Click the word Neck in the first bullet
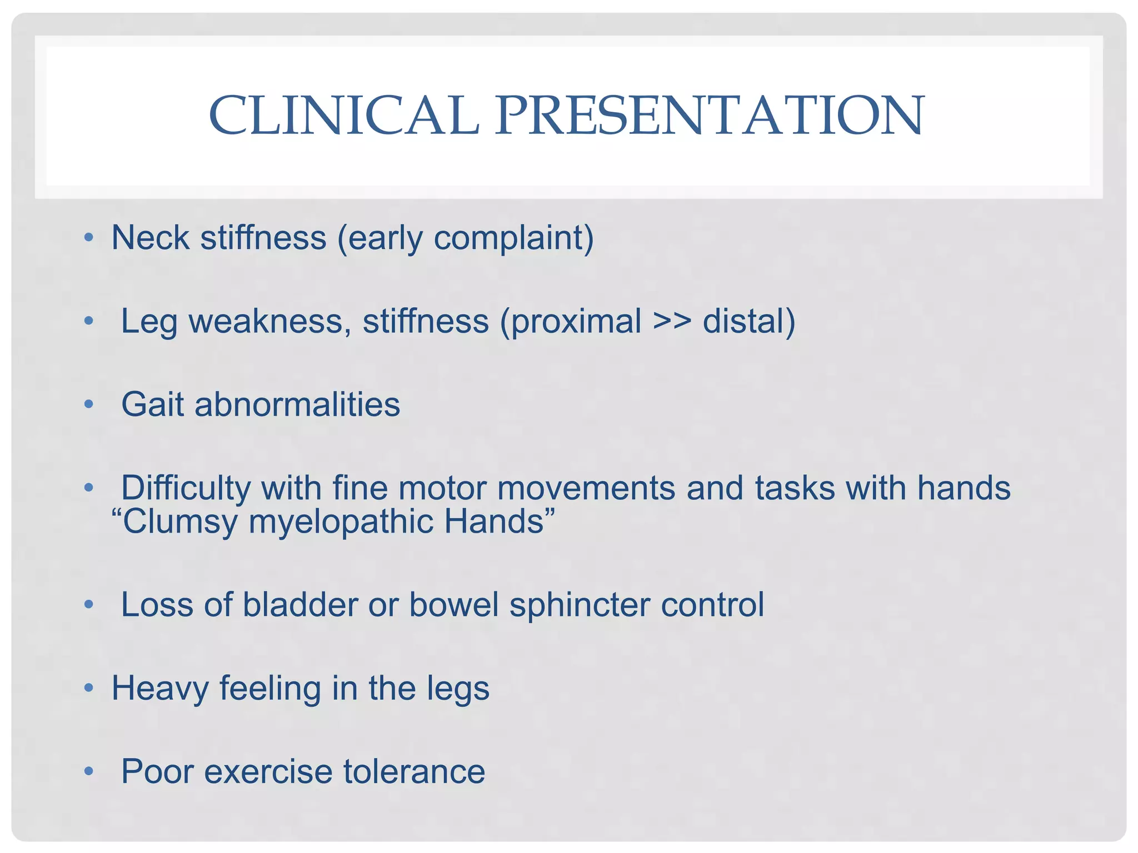click(x=150, y=238)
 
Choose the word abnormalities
click(x=297, y=404)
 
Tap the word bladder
click(x=300, y=605)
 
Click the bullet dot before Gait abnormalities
click(x=88, y=405)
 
